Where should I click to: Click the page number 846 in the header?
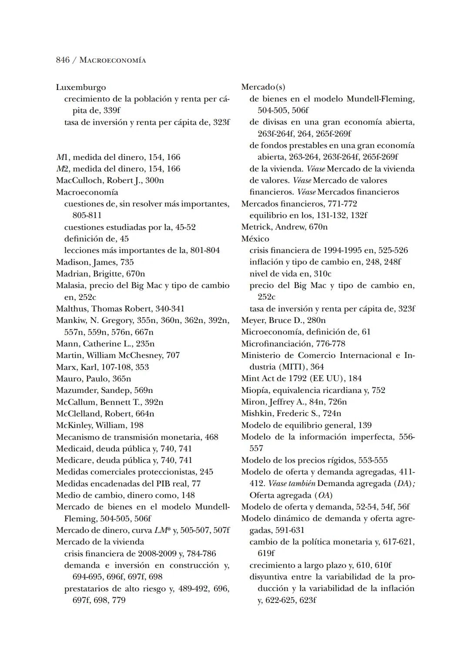(x=63, y=60)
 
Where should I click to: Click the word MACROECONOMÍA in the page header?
(x=113, y=60)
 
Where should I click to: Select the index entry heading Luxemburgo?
(x=81, y=87)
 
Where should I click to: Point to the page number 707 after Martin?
(x=173, y=355)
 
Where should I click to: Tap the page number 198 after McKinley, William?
(x=136, y=425)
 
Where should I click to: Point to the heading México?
(x=255, y=239)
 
